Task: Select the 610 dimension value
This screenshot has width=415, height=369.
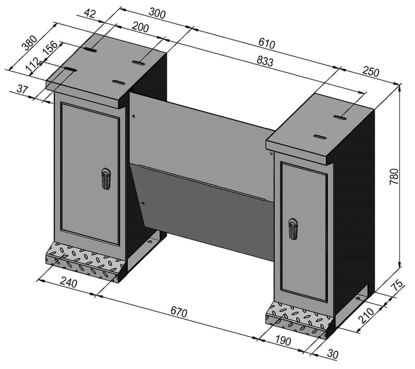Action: click(x=267, y=44)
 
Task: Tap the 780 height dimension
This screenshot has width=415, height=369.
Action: click(x=394, y=176)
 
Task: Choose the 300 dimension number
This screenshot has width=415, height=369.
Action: click(x=157, y=14)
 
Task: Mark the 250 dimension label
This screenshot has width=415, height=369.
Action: click(x=371, y=72)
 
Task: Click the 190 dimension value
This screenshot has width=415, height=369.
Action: click(x=282, y=341)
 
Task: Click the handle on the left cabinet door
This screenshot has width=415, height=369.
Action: click(x=106, y=179)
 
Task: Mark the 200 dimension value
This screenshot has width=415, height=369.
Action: click(x=140, y=27)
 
